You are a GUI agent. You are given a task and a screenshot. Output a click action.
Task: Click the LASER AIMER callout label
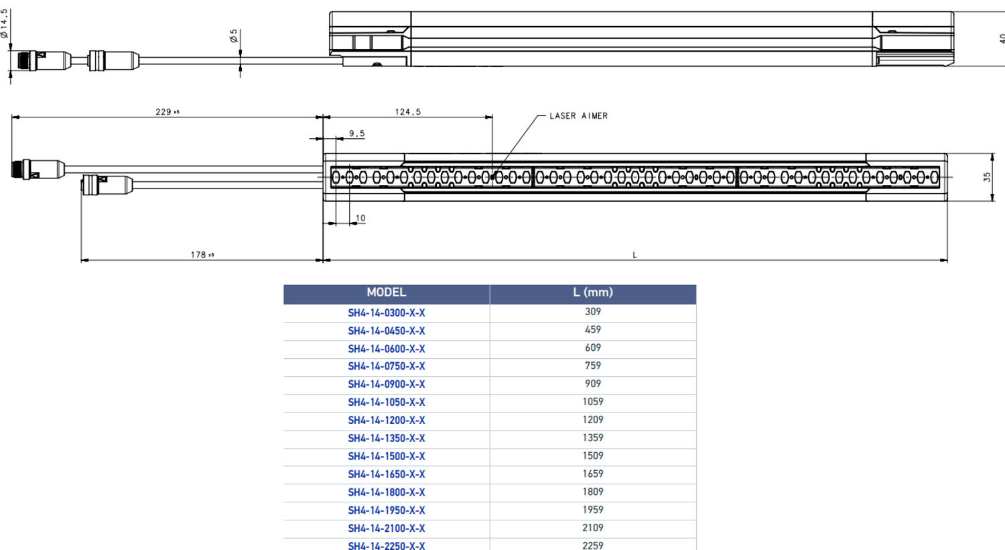click(578, 116)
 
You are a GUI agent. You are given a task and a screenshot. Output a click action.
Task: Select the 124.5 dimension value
click(407, 112)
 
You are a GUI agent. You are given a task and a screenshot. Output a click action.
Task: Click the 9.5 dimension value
click(356, 134)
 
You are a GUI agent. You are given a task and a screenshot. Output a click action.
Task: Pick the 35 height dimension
click(987, 177)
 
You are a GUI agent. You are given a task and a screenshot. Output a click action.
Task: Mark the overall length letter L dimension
click(634, 255)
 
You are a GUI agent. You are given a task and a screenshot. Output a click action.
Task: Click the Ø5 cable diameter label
click(234, 36)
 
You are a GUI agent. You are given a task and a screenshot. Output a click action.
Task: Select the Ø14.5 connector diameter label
click(5, 23)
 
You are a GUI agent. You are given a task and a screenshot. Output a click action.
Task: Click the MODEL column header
click(386, 292)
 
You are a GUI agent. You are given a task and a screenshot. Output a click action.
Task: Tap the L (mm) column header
click(592, 292)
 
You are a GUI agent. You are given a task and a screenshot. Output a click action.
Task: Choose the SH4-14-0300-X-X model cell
click(386, 313)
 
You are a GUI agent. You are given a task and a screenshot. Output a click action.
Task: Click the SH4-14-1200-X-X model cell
click(386, 421)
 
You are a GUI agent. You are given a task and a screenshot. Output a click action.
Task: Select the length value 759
click(592, 366)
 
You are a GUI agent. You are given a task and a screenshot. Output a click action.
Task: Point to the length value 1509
click(592, 455)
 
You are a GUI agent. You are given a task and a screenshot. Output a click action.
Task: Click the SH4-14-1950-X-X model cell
click(386, 510)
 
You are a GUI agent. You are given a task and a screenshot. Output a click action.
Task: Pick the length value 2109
click(592, 528)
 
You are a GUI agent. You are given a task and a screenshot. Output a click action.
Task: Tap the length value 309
click(592, 312)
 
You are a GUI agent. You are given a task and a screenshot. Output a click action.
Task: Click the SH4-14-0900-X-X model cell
click(386, 384)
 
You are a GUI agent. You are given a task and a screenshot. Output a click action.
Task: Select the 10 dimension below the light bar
click(360, 218)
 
